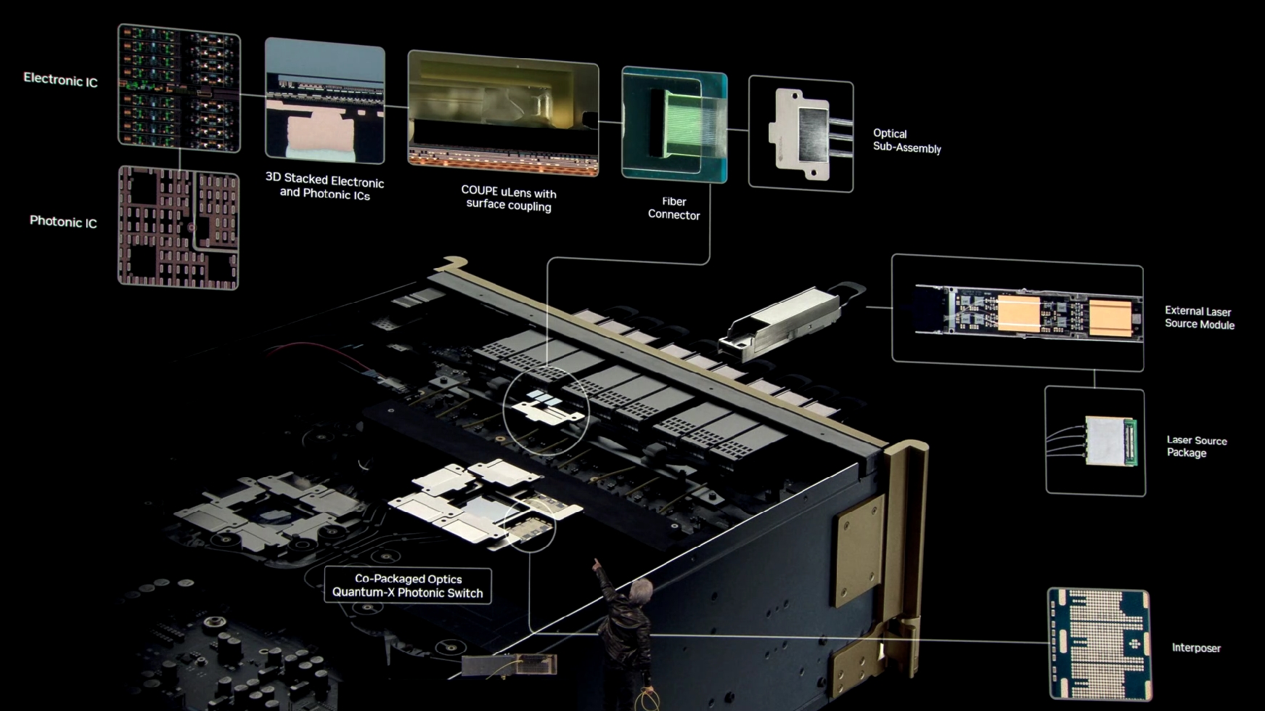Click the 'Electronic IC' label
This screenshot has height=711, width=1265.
(60, 80)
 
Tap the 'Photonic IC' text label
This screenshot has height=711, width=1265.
(63, 222)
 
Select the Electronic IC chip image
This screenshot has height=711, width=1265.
(179, 88)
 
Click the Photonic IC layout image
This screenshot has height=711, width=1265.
(179, 228)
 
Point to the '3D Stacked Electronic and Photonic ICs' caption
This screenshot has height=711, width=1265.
(324, 186)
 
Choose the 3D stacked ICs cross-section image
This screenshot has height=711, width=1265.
(324, 99)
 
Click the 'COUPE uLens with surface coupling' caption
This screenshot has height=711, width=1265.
(509, 198)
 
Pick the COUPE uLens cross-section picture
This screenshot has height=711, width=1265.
(503, 113)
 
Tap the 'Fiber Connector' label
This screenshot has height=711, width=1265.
(674, 208)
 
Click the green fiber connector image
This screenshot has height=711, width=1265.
(674, 124)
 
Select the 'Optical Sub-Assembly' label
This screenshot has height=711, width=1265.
(906, 141)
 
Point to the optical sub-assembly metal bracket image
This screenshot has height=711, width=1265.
(801, 134)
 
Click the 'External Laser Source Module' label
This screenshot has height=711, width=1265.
(1199, 317)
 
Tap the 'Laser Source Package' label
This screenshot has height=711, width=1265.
(1196, 446)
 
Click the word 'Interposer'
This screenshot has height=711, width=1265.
(1196, 648)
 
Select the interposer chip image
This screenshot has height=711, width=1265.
(1099, 644)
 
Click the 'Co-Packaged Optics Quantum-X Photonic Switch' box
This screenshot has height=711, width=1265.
(408, 585)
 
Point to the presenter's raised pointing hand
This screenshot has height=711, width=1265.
(597, 564)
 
